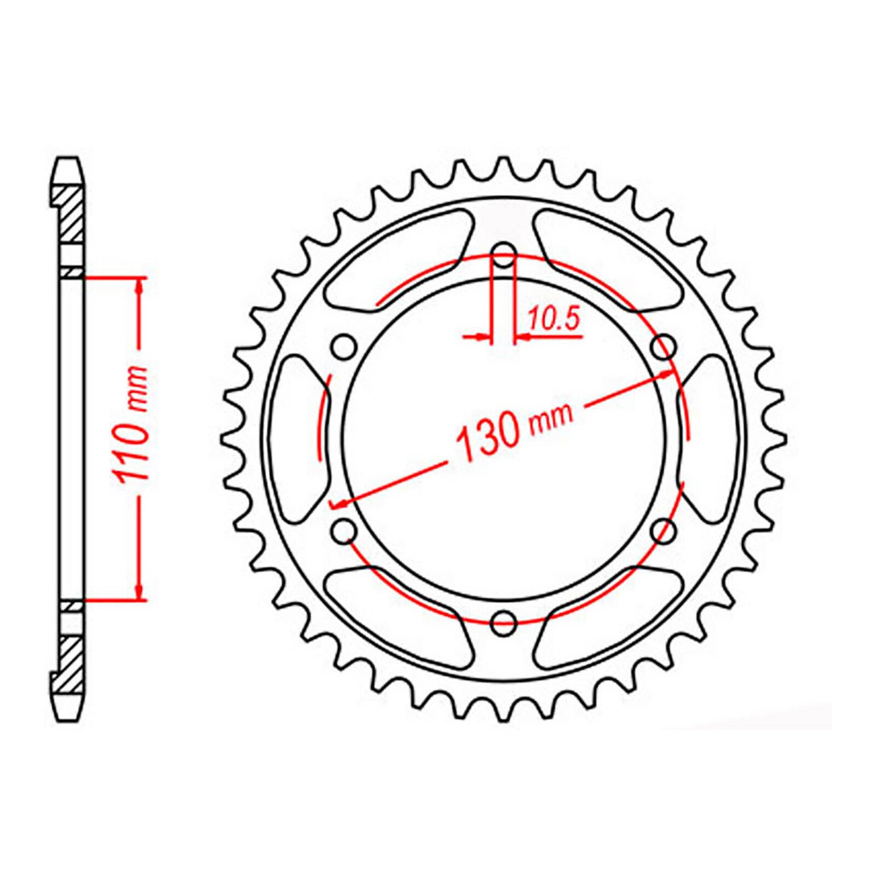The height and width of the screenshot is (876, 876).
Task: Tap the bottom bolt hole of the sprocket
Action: pos(504,621)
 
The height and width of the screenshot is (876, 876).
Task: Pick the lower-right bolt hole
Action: pos(664,530)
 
